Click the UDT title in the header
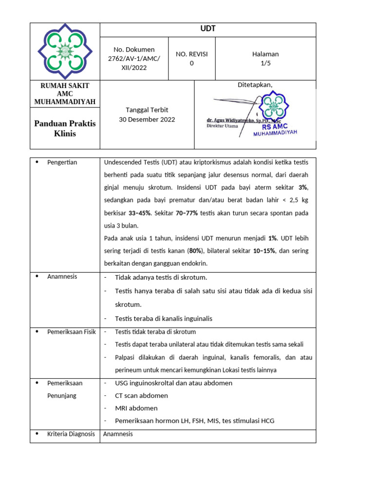pos(208,29)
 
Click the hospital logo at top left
pos(65,51)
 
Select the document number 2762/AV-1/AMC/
pos(134,59)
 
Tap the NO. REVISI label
pos(191,54)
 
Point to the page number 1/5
pos(265,63)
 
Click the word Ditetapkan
pos(255,85)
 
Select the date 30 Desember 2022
pos(147,119)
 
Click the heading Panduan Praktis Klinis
pos(65,128)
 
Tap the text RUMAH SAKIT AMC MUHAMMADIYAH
pos(65,93)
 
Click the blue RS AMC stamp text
pos(275,127)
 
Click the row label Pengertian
pos(62,162)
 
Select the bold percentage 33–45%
pos(139,213)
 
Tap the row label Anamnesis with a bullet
pos(62,277)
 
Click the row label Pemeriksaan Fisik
pos(71,332)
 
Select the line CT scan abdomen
pos(141,395)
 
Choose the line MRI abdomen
pos(136,408)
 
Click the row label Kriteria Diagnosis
pos(71,434)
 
